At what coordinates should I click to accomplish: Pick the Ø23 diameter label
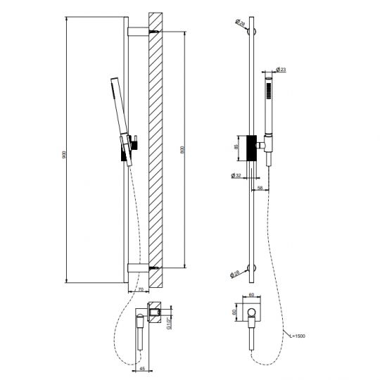pos(279,69)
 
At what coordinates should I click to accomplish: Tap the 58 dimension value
pos(260,189)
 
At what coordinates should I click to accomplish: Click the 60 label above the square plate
pos(252,296)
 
